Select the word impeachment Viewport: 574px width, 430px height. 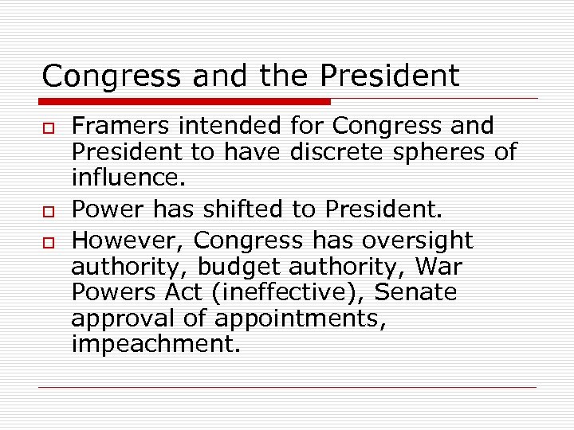pos(155,345)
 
